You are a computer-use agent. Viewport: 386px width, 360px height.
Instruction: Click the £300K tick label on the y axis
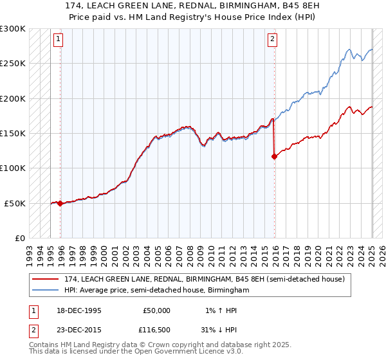tap(13, 29)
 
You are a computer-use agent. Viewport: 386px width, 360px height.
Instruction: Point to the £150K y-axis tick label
tap(13, 133)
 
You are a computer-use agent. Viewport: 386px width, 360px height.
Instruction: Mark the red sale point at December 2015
tap(274, 156)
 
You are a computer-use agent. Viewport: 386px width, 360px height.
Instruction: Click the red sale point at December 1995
tap(60, 203)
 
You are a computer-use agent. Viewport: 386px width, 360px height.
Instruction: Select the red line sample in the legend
tap(46, 279)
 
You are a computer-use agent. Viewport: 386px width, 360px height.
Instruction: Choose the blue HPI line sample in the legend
tap(46, 290)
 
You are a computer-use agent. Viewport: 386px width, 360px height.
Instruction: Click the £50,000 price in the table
tap(156, 310)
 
